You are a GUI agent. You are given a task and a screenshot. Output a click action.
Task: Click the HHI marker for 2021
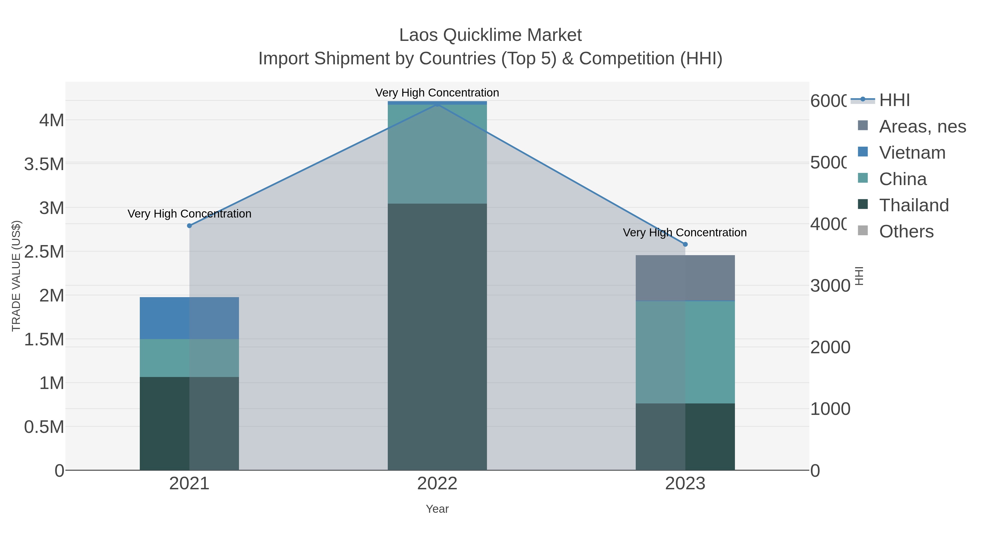click(189, 225)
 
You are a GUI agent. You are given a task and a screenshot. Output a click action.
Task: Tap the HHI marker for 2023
click(685, 244)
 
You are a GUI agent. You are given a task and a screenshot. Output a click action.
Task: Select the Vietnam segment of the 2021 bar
click(189, 318)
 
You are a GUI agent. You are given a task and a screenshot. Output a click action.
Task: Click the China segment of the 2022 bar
click(437, 154)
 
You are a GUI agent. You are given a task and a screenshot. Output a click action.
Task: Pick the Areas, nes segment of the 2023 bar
click(685, 278)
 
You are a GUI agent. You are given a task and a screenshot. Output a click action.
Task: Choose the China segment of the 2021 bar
click(189, 358)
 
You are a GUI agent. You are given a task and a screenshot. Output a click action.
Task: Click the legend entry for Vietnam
click(912, 153)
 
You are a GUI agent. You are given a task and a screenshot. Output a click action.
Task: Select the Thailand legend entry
click(914, 205)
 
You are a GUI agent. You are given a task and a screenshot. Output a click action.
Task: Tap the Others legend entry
click(906, 232)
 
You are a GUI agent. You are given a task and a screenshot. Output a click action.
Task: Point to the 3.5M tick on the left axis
click(44, 164)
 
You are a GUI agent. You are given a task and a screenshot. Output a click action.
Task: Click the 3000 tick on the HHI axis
click(830, 286)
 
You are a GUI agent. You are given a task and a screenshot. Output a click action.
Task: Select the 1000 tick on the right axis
click(830, 409)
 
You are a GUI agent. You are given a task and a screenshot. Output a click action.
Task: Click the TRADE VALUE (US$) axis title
click(16, 276)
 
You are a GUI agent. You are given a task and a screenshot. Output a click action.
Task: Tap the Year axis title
click(437, 509)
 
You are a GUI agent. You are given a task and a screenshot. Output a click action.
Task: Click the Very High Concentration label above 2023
click(685, 232)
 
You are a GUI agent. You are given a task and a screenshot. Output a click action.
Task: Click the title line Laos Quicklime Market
click(490, 35)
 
